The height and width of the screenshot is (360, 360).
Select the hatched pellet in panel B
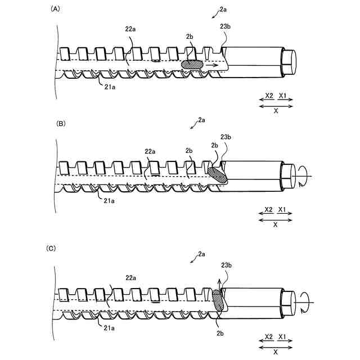[218, 174]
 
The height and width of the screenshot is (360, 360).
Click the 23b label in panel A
[223, 35]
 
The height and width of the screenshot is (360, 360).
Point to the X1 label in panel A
[283, 96]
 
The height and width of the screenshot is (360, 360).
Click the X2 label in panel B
[268, 210]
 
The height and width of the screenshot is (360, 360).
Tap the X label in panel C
[275, 351]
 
